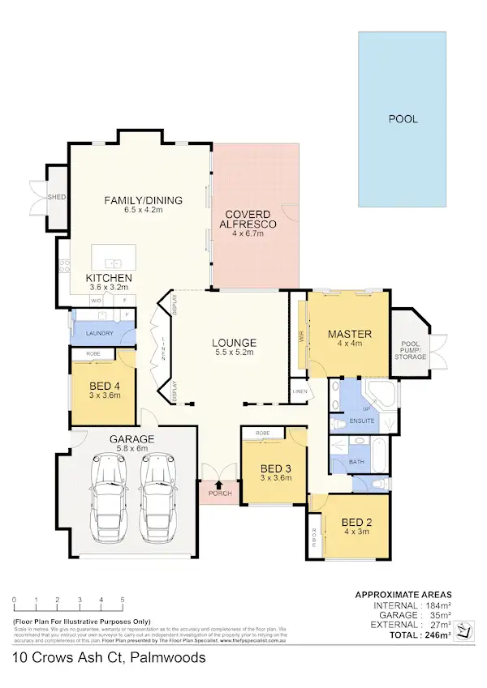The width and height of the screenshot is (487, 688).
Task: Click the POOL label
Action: pyautogui.click(x=403, y=118)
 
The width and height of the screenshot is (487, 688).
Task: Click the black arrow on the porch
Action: pyautogui.click(x=218, y=485)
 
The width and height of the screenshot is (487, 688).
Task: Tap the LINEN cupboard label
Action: pyautogui.click(x=300, y=393)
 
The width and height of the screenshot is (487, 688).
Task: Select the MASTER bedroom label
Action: pyautogui.click(x=350, y=334)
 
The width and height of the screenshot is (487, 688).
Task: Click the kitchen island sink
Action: pyautogui.click(x=113, y=263)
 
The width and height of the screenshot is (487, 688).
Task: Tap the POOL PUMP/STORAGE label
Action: pyautogui.click(x=410, y=348)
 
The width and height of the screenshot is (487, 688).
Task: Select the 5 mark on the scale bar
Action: pyautogui.click(x=123, y=600)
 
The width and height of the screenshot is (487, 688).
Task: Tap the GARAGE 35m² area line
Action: pyautogui.click(x=410, y=615)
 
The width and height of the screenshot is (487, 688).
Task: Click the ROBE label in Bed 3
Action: pyautogui.click(x=262, y=434)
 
